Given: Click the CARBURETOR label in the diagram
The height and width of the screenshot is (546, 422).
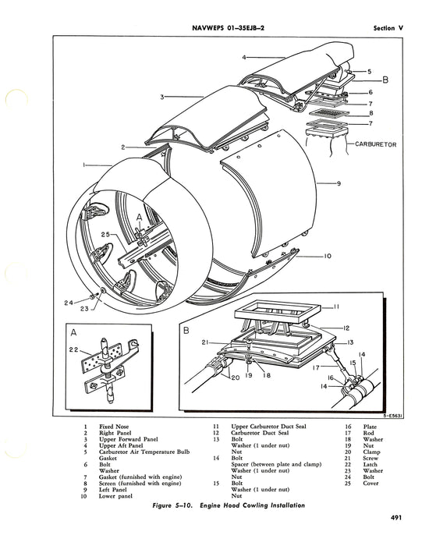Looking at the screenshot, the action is (376, 144).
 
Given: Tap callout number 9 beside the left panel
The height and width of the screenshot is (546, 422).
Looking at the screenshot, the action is (339, 183).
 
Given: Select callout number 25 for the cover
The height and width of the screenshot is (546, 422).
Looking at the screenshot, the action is (106, 234).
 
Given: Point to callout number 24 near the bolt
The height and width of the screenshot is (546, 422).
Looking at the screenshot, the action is (69, 303).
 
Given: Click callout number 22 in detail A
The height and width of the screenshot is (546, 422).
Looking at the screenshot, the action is (74, 349).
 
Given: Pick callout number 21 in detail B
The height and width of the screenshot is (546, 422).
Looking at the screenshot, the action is (205, 342).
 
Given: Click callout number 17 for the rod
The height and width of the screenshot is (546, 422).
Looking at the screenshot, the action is (316, 367).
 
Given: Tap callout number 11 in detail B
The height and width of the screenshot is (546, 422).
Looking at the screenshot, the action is (336, 307).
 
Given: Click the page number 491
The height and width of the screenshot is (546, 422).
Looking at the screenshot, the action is (396, 518).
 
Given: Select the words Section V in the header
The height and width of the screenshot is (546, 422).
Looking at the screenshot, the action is (388, 28).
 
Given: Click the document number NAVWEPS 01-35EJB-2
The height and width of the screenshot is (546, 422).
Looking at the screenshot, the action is (228, 28).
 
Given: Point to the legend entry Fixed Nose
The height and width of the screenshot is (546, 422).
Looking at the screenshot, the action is (114, 427).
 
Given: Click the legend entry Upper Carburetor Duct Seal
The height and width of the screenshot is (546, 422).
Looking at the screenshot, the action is (268, 427).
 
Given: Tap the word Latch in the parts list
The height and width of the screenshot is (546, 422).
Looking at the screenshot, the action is (370, 465).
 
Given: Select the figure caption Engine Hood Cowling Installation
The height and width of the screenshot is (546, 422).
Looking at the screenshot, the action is (252, 505).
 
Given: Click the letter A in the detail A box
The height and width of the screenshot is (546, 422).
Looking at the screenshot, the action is (73, 333).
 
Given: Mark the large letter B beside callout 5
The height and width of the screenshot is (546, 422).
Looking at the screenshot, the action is (385, 80).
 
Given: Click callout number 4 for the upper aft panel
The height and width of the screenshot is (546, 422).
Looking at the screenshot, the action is (244, 58).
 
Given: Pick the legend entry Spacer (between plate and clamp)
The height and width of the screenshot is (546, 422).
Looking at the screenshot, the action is (276, 465).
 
